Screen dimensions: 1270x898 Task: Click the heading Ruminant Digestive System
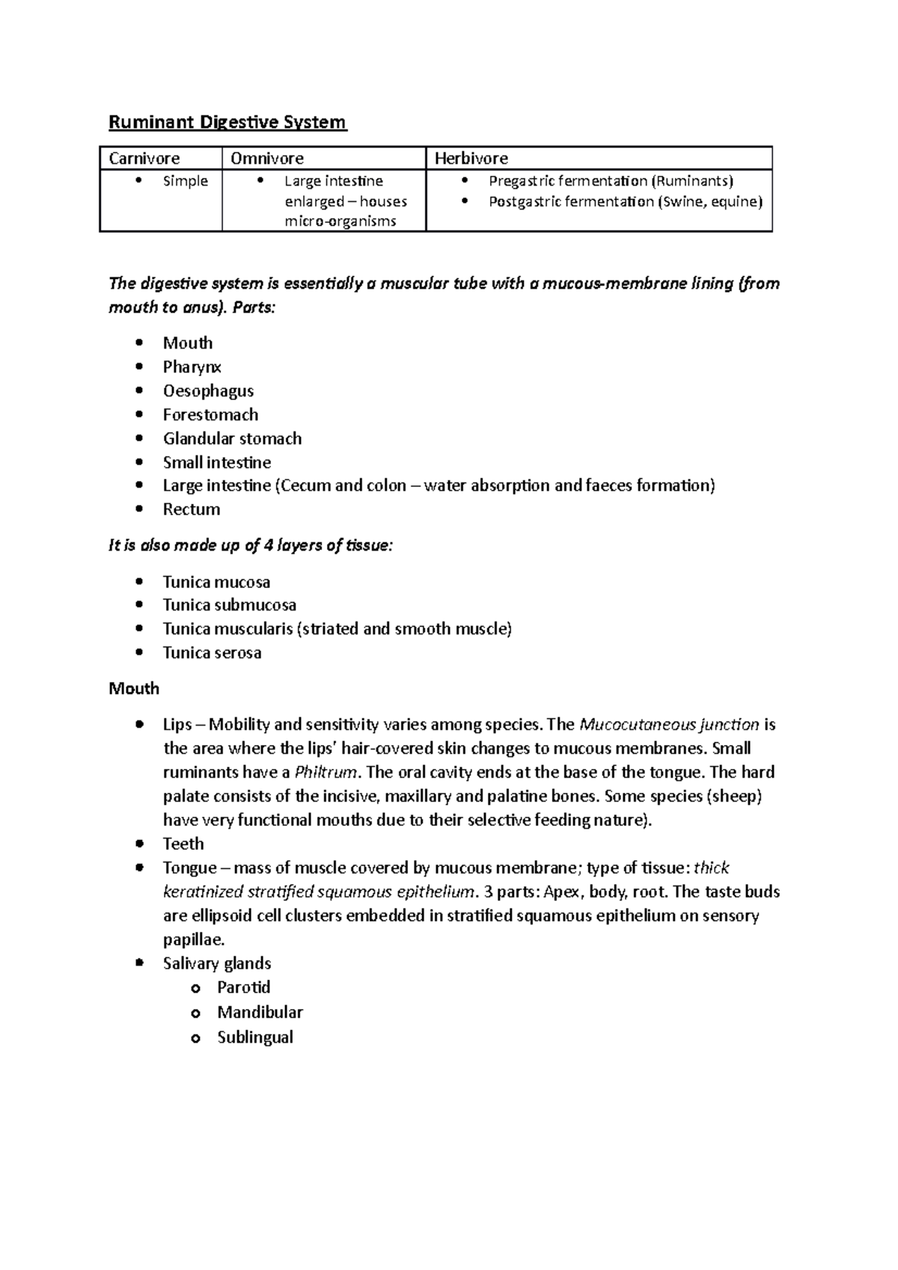227,122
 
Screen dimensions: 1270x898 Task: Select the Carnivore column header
144,159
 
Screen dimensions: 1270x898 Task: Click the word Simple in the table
185,181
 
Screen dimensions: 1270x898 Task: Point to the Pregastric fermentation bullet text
611,181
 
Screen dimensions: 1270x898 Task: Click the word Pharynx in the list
192,366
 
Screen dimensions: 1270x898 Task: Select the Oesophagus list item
208,390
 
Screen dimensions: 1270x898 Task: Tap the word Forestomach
210,414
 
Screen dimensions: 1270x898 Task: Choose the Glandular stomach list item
232,438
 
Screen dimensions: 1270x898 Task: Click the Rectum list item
192,509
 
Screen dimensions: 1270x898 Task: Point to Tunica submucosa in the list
229,604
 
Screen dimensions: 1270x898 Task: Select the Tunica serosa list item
212,652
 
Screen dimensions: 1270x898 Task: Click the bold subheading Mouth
134,688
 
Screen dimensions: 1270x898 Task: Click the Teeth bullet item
183,844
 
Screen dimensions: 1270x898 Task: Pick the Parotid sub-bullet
243,987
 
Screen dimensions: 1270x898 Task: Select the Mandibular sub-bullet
260,1012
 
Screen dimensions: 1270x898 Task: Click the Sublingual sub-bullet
254,1037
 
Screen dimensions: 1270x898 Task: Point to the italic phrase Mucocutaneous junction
669,724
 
